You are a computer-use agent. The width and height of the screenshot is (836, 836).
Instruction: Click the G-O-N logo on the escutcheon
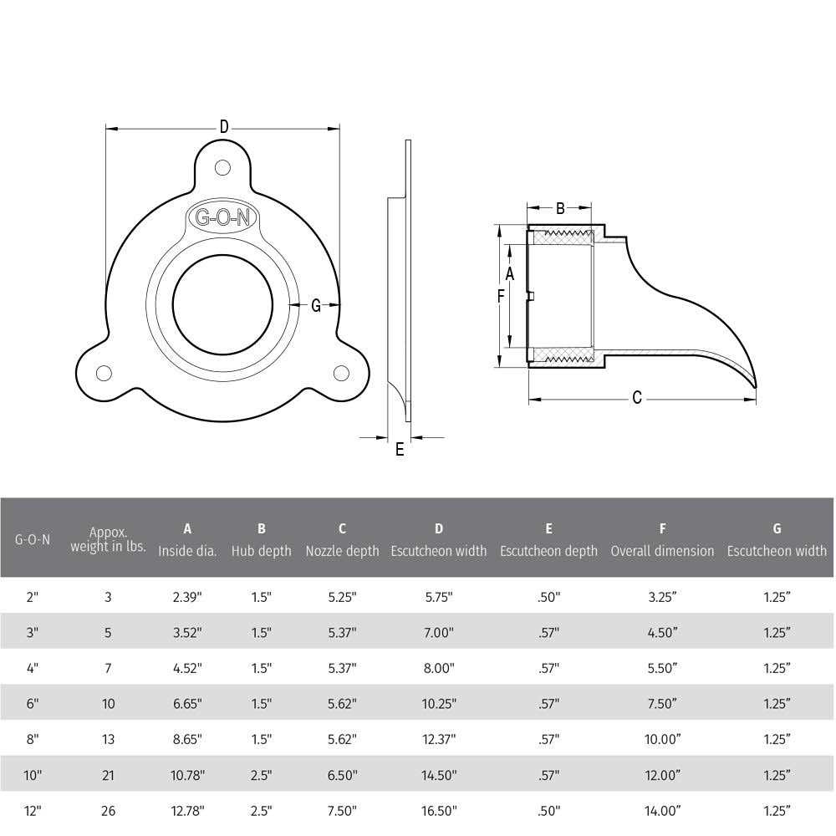[x=222, y=217]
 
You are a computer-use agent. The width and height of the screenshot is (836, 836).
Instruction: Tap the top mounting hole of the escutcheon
[x=222, y=167]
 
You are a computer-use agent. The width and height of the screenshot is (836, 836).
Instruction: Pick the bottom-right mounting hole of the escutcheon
[x=341, y=373]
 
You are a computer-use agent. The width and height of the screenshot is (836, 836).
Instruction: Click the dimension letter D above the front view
[x=224, y=127]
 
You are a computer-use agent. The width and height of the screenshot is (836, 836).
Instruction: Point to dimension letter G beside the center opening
[x=316, y=306]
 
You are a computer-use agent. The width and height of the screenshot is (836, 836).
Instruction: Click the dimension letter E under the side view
[x=400, y=450]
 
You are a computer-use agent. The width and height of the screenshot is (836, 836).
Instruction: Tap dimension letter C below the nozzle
[x=637, y=399]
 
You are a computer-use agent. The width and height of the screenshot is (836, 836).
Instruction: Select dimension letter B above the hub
[x=560, y=208]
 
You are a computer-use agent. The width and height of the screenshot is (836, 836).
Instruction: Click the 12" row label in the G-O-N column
[x=33, y=810]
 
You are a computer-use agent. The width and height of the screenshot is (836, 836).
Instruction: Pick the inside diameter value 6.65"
[x=187, y=704]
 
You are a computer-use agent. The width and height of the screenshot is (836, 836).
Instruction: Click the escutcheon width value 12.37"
[x=439, y=739]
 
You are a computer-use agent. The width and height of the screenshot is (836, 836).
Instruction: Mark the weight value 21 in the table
[x=108, y=775]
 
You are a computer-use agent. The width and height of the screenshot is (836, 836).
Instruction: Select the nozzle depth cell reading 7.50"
[x=342, y=810]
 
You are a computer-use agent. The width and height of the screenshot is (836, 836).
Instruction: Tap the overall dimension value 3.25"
[x=662, y=598]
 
